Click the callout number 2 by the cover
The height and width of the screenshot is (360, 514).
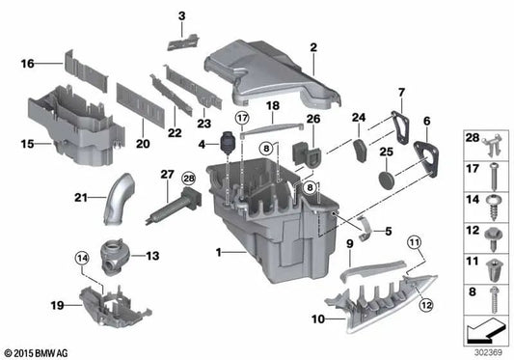(313, 47)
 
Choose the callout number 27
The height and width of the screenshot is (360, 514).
(167, 175)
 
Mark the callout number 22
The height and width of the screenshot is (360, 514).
(175, 131)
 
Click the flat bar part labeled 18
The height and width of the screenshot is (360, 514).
(273, 120)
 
